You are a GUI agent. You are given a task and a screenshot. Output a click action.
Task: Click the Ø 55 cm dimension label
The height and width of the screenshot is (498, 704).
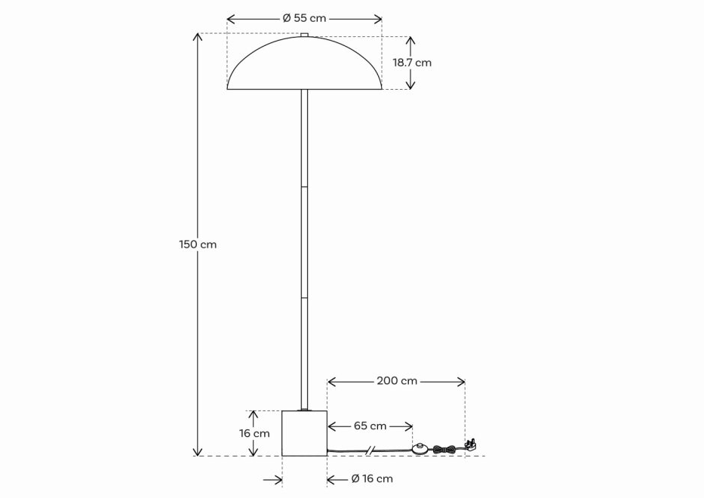click(304, 18)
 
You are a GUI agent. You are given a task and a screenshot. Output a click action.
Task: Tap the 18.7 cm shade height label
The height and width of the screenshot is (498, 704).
click(412, 63)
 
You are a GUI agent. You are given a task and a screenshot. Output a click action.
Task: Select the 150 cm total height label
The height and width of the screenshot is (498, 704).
click(198, 244)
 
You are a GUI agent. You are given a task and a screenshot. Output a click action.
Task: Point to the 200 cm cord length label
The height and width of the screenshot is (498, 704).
click(397, 381)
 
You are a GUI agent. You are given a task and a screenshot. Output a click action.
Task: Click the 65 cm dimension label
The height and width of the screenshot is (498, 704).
click(370, 426)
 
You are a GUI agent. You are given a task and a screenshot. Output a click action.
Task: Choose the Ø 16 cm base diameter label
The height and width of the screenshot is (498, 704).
click(372, 479)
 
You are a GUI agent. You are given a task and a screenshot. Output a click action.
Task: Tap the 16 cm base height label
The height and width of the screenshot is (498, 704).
click(254, 434)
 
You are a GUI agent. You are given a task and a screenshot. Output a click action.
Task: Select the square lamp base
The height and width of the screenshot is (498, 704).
click(304, 433)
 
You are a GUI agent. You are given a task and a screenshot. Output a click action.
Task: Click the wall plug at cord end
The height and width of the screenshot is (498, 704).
click(471, 447)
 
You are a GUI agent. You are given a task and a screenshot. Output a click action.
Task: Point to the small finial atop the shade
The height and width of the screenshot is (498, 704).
click(304, 35)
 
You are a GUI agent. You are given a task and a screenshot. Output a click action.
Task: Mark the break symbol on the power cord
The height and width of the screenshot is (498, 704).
click(370, 451)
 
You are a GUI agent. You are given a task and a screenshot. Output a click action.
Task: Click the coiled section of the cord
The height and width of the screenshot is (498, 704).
click(444, 450)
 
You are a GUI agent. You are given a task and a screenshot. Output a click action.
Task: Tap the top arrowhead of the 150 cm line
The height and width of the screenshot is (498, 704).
click(198, 37)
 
